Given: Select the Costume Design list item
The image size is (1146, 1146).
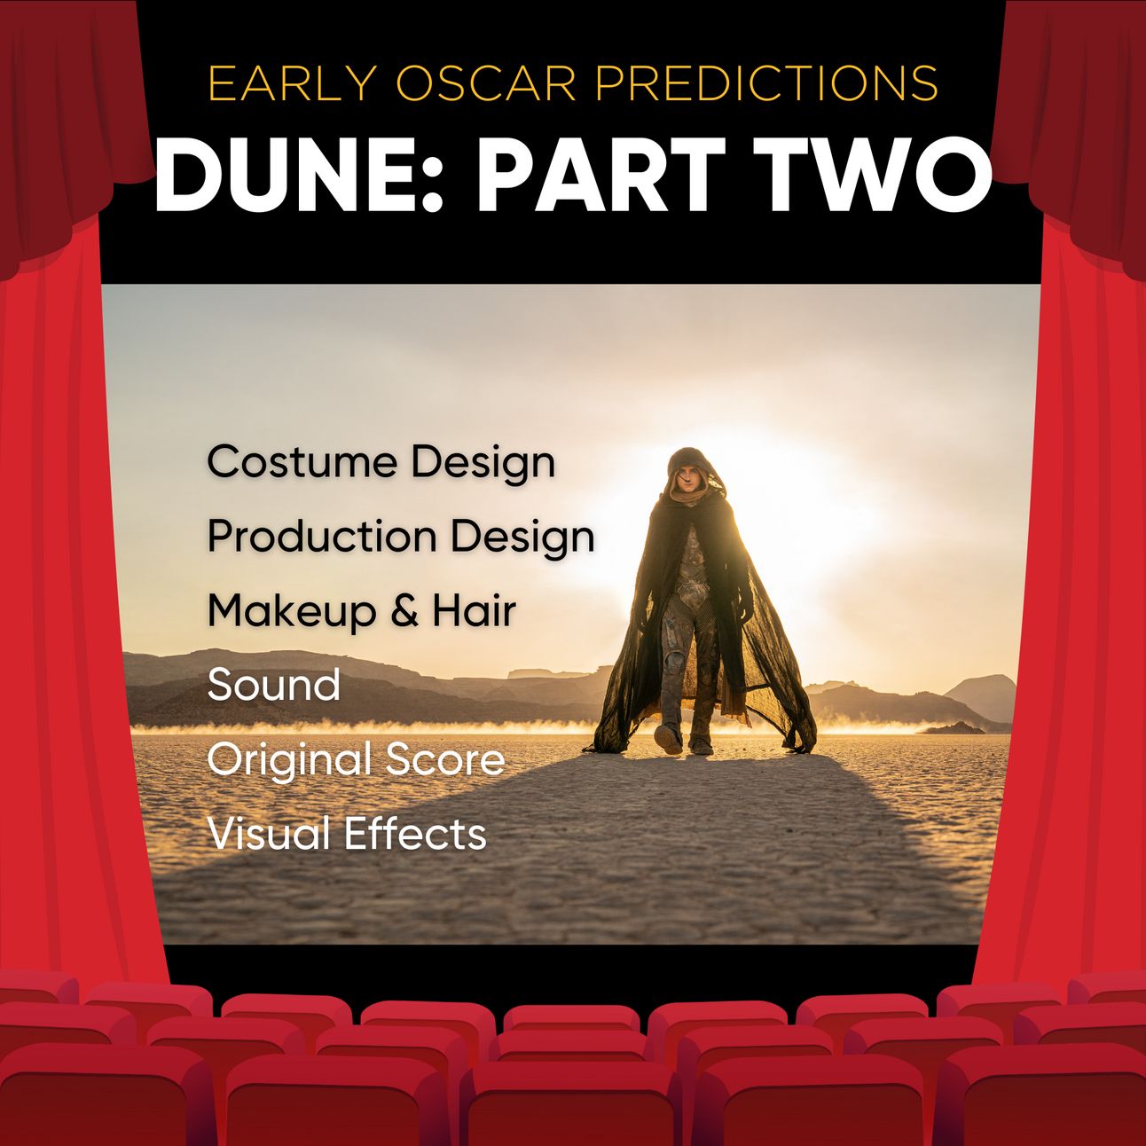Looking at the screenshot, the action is coord(381,464).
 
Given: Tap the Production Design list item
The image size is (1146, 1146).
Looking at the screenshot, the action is coord(401,538).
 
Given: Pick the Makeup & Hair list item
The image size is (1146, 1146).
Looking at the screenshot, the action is coord(362,613).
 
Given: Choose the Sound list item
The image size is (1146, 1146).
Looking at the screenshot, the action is coord(273,685).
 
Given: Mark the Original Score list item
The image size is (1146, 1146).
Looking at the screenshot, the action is coord(356,761).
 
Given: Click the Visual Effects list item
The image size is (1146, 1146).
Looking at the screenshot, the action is coord(347,834).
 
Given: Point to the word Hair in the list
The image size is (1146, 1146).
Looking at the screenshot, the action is coord(475,611).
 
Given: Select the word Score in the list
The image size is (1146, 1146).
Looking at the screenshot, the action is coord(445,759).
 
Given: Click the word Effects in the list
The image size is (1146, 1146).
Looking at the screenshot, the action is coord(416,834).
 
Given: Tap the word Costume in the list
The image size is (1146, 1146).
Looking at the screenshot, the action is coord(302,464).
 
